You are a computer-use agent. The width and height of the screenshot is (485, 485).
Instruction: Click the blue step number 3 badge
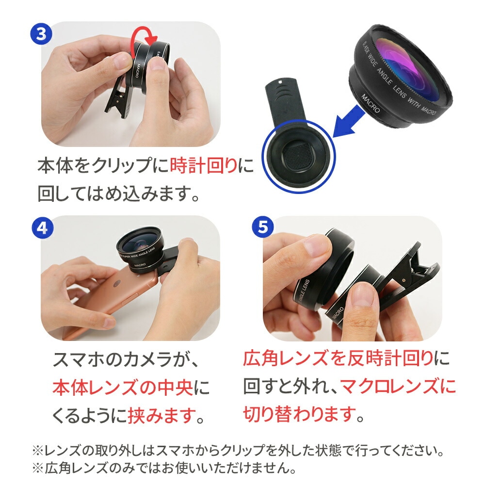[x=41, y=34]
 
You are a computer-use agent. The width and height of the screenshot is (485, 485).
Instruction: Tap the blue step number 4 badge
[x=42, y=228]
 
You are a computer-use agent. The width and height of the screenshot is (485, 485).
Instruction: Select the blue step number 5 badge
[x=262, y=227]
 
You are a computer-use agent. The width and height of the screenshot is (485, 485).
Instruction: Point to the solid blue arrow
[x=349, y=121]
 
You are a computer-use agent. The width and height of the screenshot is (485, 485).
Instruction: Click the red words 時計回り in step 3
[x=204, y=165]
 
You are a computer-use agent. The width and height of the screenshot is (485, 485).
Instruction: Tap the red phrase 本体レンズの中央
[x=123, y=387]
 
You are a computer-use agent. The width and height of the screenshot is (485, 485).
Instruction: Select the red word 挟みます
[x=162, y=415]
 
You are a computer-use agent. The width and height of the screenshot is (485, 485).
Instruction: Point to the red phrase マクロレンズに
[x=398, y=386]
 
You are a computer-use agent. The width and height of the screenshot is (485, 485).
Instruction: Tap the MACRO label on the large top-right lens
[x=370, y=103]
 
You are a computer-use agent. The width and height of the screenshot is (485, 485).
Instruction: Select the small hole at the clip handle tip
[x=280, y=82]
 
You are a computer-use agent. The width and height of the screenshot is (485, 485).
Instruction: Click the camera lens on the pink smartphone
[x=117, y=283]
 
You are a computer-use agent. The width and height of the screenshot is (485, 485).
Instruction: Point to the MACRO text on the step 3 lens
[x=138, y=71]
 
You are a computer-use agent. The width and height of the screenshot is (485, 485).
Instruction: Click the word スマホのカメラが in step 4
[x=122, y=360]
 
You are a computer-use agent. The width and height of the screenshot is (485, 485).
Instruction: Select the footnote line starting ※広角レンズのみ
[x=164, y=468]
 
